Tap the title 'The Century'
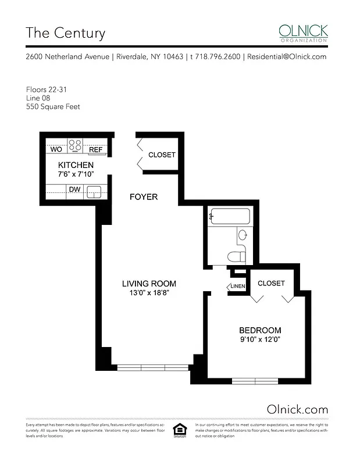click(x=65, y=33)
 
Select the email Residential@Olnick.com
click(x=286, y=57)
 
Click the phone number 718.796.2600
click(x=218, y=57)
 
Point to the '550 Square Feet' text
click(x=53, y=106)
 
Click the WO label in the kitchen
click(x=56, y=149)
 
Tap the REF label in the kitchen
click(x=95, y=149)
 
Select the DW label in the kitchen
click(x=75, y=190)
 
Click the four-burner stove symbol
click(x=76, y=145)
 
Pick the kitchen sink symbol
click(x=94, y=191)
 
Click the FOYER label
click(x=143, y=197)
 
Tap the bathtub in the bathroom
click(x=230, y=217)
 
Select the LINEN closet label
click(x=237, y=287)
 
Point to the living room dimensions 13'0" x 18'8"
click(x=149, y=294)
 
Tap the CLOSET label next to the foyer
click(x=162, y=155)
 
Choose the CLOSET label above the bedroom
click(x=271, y=284)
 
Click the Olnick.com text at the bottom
click(x=297, y=409)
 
